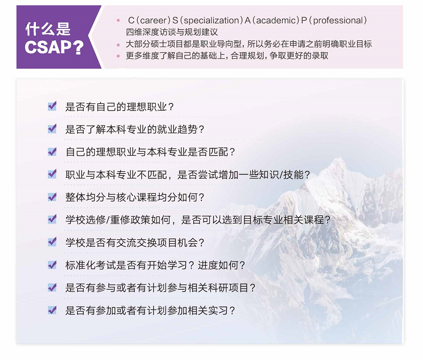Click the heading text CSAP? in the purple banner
click(54, 47)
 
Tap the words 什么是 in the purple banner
click(48, 29)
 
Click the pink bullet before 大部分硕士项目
click(118, 45)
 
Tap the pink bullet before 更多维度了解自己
click(118, 56)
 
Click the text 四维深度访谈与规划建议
click(172, 32)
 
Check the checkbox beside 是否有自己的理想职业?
click(52, 106)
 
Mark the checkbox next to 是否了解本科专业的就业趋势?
click(52, 129)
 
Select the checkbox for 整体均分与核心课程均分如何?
click(52, 197)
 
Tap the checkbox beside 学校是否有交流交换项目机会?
click(52, 242)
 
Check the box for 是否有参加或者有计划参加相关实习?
click(52, 310)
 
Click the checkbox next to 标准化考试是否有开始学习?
click(52, 265)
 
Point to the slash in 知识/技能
click(281, 175)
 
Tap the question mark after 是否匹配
click(232, 152)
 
